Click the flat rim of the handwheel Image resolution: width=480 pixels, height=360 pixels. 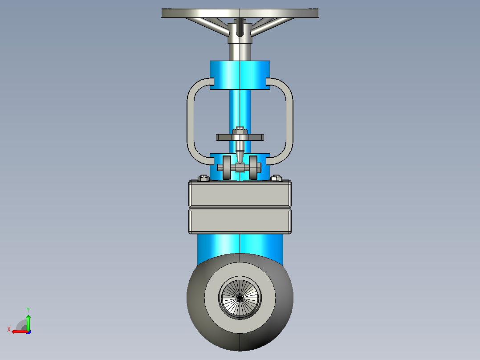coord(240,13)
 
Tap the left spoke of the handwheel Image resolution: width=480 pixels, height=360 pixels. coord(208,25)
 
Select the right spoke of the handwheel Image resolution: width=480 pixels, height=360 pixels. coord(271,25)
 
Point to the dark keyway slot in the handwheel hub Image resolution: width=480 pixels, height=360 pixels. coord(240,28)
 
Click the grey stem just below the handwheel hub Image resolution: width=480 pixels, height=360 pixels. coord(240,51)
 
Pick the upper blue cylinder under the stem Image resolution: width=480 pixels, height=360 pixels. coord(240,75)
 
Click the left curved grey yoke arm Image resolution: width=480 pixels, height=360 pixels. coord(196,121)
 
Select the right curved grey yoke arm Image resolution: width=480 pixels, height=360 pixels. coord(284,121)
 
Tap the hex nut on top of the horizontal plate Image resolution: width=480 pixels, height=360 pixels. coord(240,131)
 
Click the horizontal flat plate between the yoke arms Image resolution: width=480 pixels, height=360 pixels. coord(240,138)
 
